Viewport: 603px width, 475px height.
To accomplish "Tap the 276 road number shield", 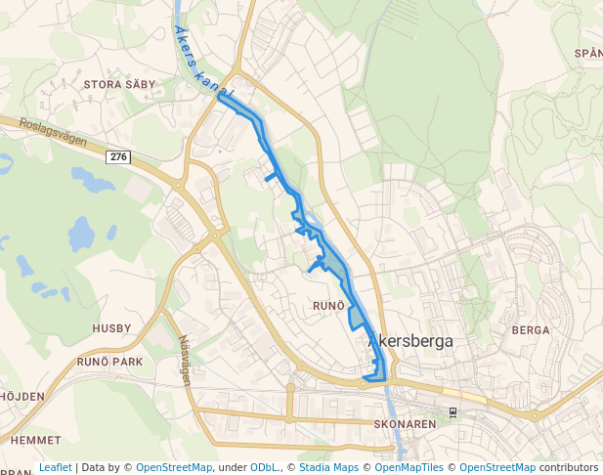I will [119, 157].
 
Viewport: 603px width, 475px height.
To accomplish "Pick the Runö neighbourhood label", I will [328, 306].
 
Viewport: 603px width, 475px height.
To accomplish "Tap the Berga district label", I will [531, 330].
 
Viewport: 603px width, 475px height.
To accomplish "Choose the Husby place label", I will [111, 328].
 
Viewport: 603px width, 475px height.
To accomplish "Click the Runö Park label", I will [109, 362].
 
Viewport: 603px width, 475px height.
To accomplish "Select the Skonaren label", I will [405, 425].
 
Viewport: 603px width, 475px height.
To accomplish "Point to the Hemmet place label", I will [36, 441].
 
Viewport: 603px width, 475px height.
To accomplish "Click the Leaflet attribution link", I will [56, 467].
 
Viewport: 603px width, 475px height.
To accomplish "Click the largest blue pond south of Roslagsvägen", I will [81, 235].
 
